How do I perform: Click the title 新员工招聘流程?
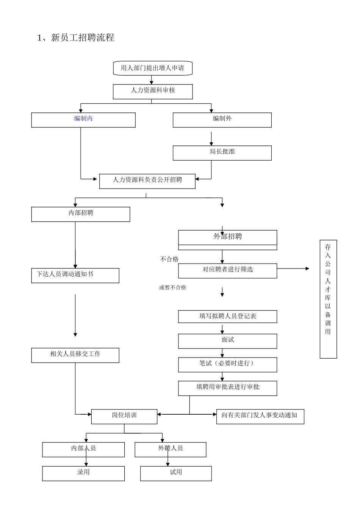tap(76, 37)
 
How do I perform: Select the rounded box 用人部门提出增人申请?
tap(153, 68)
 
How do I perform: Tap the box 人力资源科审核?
tap(153, 91)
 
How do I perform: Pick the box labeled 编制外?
tap(222, 120)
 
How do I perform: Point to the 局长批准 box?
tap(222, 153)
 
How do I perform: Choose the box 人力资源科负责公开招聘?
tap(147, 181)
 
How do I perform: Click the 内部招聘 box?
tap(81, 214)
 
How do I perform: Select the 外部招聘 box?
tap(228, 237)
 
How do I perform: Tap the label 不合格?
tap(169, 259)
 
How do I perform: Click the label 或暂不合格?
tap(173, 287)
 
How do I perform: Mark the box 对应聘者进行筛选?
tap(228, 270)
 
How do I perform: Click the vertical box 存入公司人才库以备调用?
tap(328, 299)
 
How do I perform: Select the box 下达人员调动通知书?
tap(75, 275)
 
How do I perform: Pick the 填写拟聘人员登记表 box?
tap(228, 316)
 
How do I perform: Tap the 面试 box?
tap(228, 341)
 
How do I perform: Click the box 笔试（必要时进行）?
tap(228, 364)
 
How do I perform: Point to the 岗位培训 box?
tap(124, 416)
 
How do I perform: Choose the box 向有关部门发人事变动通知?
tap(260, 416)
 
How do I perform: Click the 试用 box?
tap(176, 473)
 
